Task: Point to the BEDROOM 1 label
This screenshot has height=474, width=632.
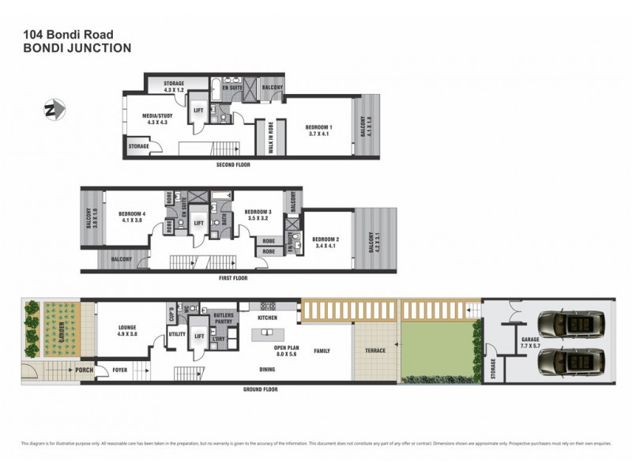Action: tap(320, 130)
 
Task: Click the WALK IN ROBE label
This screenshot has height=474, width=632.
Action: tap(270, 141)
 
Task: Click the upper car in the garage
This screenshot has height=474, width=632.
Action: tap(570, 324)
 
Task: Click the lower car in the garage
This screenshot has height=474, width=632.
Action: tap(570, 364)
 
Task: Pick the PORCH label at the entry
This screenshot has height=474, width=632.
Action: tap(85, 368)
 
